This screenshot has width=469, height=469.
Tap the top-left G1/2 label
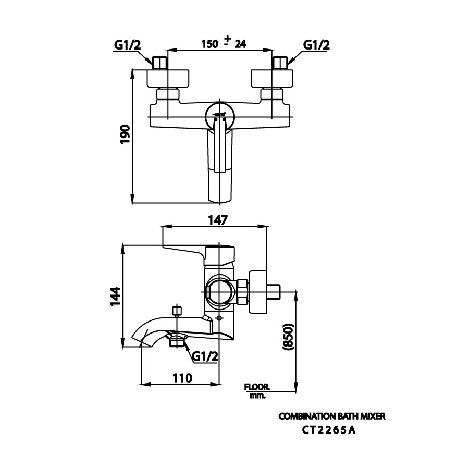128,45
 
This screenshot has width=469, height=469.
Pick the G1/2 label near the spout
205,356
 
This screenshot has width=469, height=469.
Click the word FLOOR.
256,387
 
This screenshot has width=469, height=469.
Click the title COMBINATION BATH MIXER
332,417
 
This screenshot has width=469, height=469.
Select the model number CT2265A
329,430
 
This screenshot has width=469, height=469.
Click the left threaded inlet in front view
161,63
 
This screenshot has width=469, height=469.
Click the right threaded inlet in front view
281,63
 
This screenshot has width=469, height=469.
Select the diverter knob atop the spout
176,311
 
